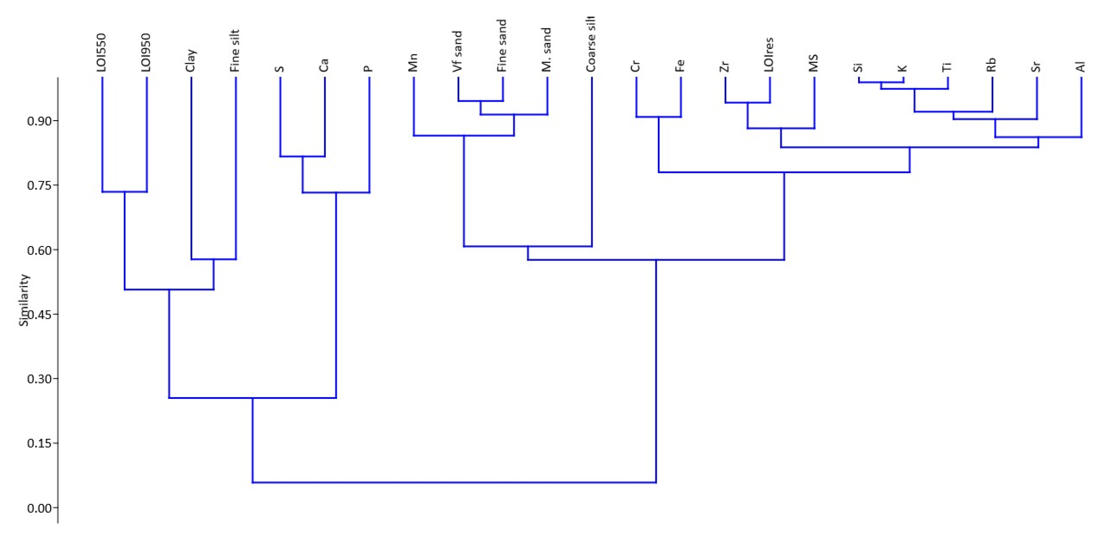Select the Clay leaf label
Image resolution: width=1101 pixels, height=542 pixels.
(x=191, y=60)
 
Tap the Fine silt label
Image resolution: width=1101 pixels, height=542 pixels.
(x=235, y=50)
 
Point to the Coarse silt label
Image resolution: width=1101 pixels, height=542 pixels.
(x=591, y=44)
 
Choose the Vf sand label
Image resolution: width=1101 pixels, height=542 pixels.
(x=458, y=51)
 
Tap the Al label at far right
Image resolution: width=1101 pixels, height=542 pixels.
(x=1081, y=67)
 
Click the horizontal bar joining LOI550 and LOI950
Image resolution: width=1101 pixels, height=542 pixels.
(x=124, y=192)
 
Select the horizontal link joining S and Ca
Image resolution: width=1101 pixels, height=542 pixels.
(x=302, y=156)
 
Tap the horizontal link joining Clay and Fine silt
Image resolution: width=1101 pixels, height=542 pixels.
(x=213, y=259)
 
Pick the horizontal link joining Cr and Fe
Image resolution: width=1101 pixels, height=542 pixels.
(x=658, y=117)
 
